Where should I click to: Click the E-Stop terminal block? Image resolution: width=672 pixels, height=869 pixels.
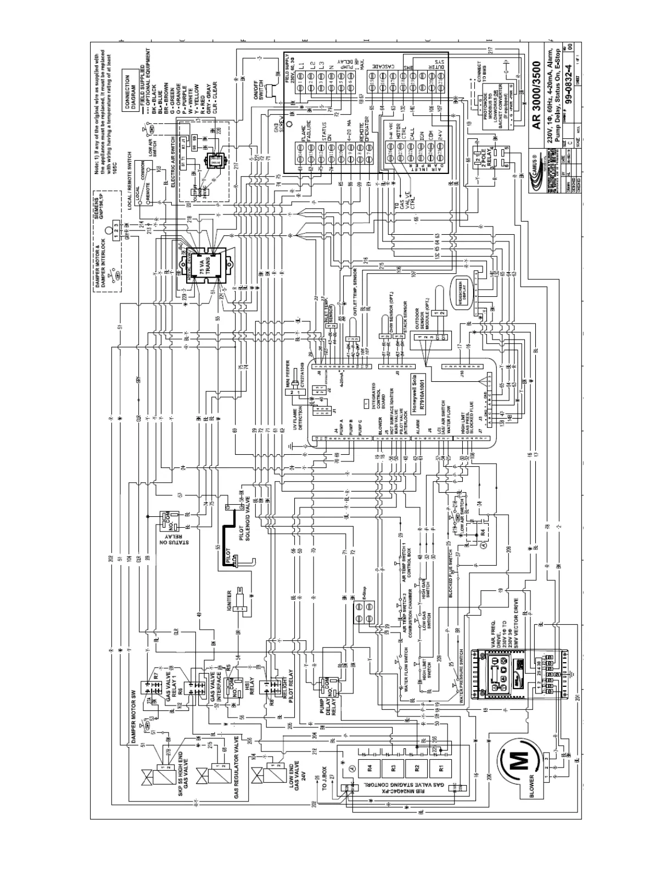[361, 610]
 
